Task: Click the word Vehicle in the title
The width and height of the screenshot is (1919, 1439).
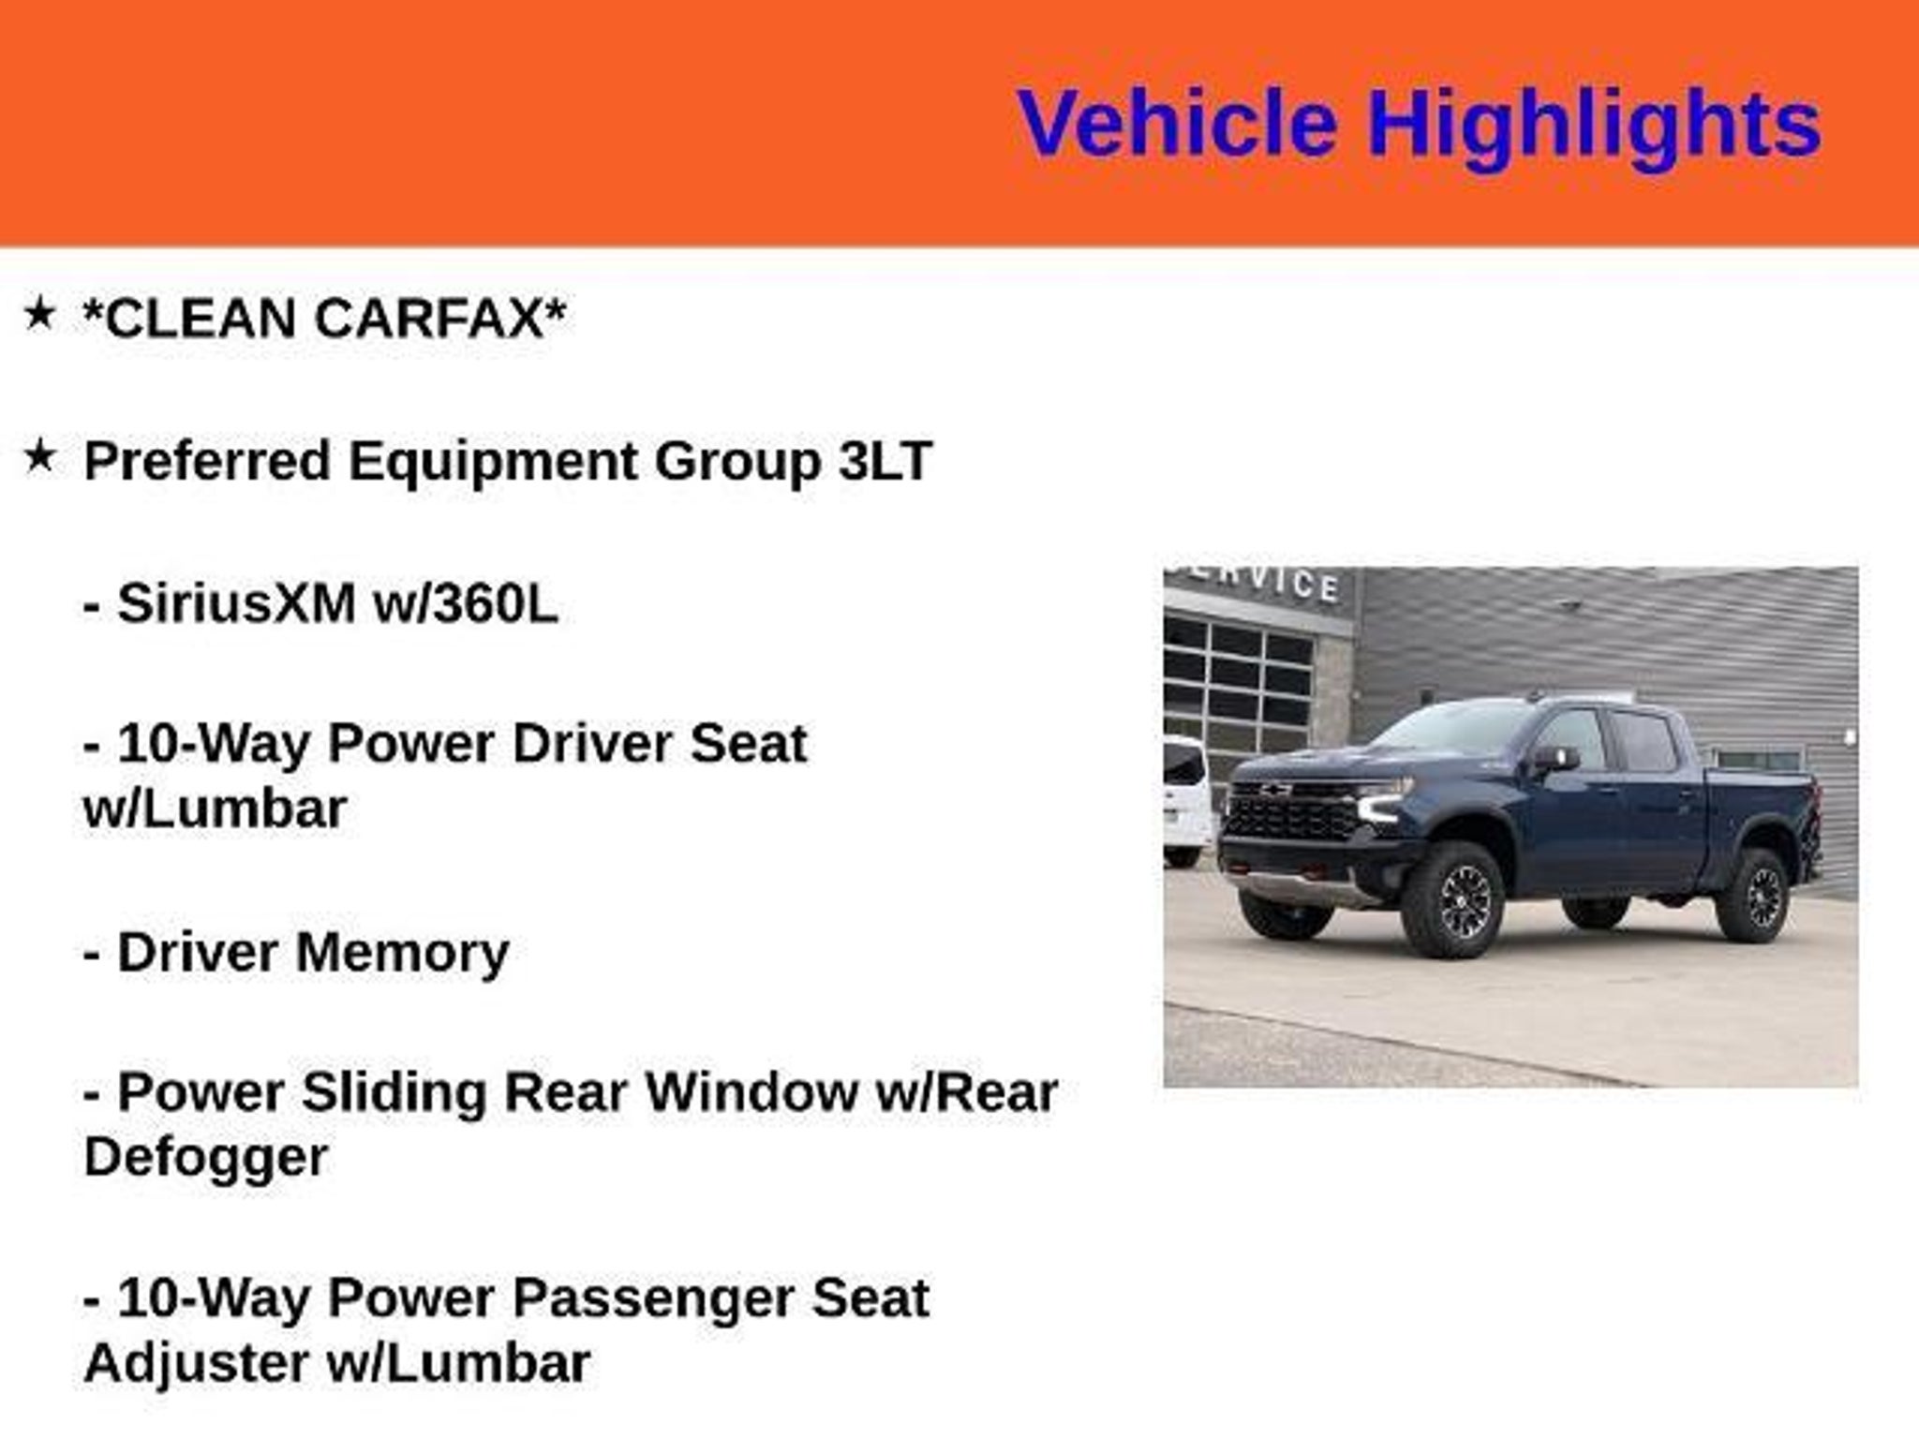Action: pyautogui.click(x=1177, y=124)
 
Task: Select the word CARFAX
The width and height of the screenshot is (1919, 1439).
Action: pyautogui.click(x=428, y=318)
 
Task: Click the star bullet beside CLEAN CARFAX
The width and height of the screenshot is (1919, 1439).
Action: pyautogui.click(x=39, y=314)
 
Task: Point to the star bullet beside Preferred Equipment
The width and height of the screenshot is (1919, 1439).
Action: pyautogui.click(x=39, y=456)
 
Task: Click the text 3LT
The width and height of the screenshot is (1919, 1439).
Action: pyautogui.click(x=885, y=461)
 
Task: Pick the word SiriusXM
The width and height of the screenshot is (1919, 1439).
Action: pyautogui.click(x=236, y=602)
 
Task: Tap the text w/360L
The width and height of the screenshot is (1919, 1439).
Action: pyautogui.click(x=466, y=602)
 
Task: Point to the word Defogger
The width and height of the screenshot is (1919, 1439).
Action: pyautogui.click(x=206, y=1159)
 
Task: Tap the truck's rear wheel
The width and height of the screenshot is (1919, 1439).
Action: pyautogui.click(x=1754, y=895)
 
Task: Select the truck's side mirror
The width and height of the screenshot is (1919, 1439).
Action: pyautogui.click(x=1555, y=760)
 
